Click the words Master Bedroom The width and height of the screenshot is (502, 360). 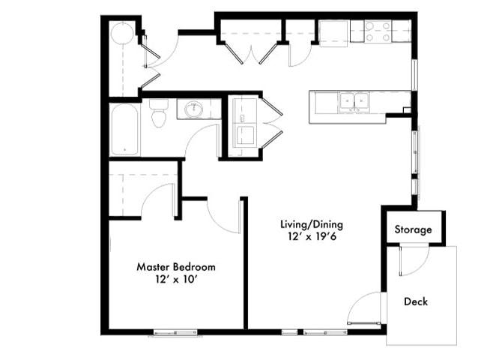(176, 267)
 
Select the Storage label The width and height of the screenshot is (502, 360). (413, 229)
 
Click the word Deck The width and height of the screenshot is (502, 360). (416, 301)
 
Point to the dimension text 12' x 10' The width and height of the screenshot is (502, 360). (176, 280)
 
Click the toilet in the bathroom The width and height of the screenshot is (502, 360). (158, 115)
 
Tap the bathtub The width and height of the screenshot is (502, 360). (124, 129)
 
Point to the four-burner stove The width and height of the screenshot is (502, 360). (378, 31)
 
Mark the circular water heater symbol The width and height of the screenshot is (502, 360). (122, 34)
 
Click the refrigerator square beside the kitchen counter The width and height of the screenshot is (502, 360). (333, 32)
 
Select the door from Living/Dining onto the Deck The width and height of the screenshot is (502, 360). (364, 310)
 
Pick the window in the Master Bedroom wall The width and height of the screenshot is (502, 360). (175, 332)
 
